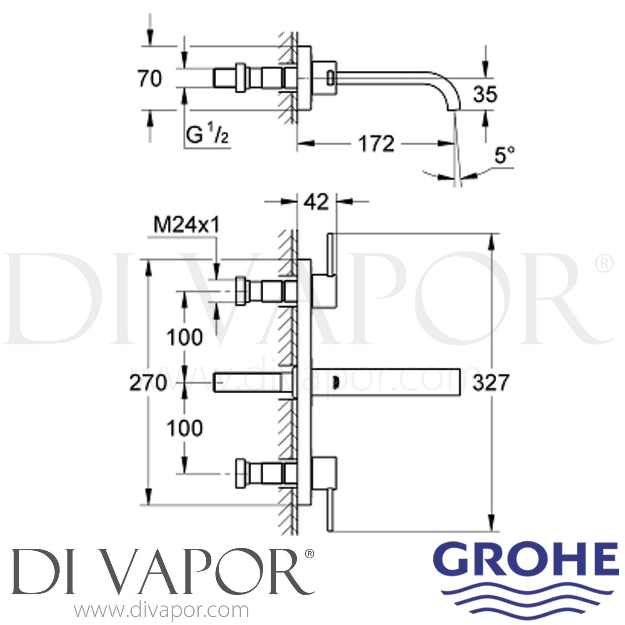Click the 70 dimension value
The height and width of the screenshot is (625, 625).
click(150, 79)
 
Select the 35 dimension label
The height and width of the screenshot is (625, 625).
click(485, 95)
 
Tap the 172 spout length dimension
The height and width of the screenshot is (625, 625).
click(376, 144)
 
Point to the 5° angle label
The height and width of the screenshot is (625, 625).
click(504, 156)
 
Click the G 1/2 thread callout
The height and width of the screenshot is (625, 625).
click(207, 135)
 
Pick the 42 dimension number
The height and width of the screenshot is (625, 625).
click(316, 202)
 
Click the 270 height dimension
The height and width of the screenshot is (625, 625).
click(148, 383)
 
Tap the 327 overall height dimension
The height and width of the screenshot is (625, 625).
click(490, 382)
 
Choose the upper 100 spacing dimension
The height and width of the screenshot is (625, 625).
click(185, 337)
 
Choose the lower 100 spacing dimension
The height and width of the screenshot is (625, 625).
click(185, 428)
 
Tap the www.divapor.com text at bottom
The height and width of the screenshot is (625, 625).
click(161, 611)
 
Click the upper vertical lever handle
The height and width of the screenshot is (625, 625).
click(331, 255)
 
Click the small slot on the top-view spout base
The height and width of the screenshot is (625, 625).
click(330, 77)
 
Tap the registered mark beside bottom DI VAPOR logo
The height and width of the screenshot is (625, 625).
click(310, 554)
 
